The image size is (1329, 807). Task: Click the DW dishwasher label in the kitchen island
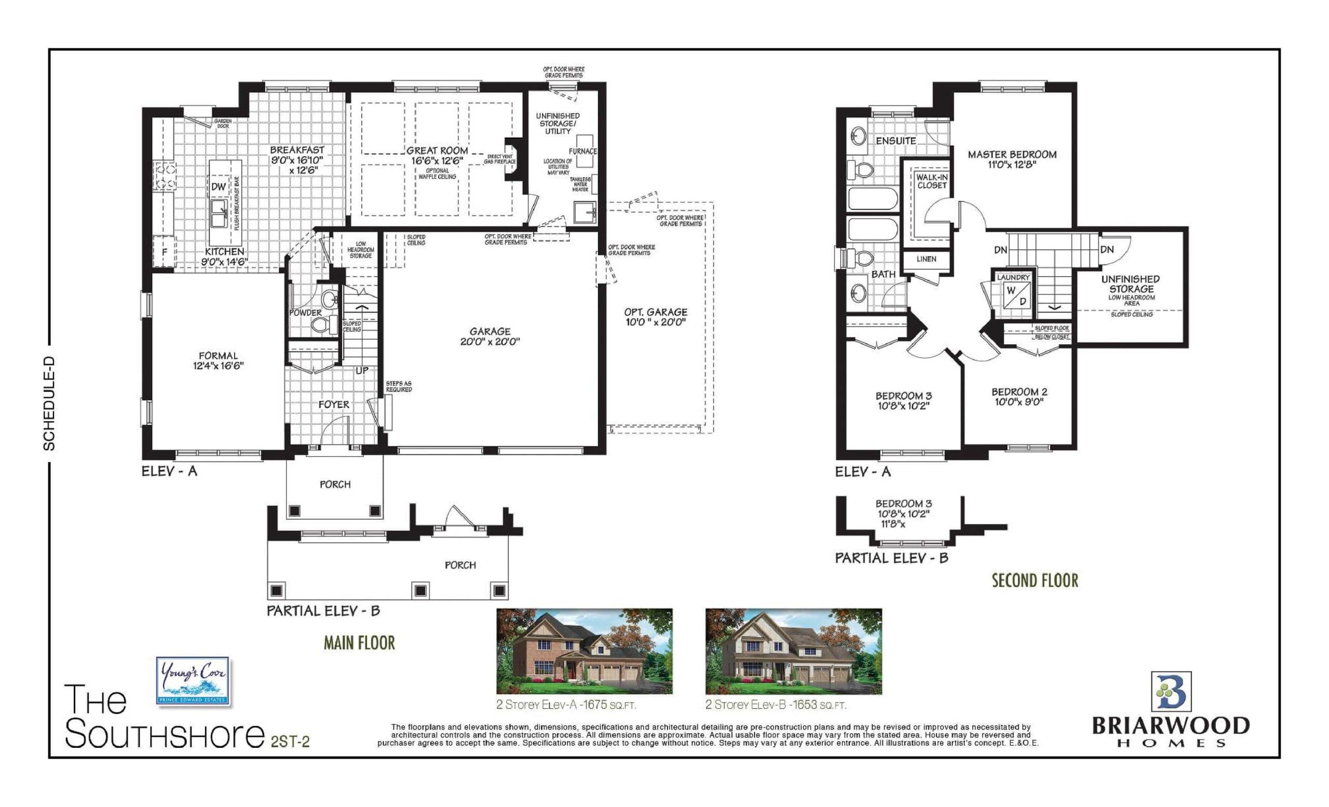click(219, 187)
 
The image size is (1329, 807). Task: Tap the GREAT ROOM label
click(437, 151)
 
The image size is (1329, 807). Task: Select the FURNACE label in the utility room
click(582, 152)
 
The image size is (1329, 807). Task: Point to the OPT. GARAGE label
click(655, 312)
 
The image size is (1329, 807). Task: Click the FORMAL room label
click(218, 356)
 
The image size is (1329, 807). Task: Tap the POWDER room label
click(305, 313)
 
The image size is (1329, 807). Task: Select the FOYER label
click(333, 405)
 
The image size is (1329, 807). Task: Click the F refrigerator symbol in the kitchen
click(165, 252)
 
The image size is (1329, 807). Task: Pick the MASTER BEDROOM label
click(1012, 155)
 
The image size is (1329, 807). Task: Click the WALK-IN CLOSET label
click(931, 181)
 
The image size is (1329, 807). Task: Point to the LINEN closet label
click(926, 259)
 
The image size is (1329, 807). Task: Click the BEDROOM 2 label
click(1019, 392)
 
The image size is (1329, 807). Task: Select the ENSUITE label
click(896, 141)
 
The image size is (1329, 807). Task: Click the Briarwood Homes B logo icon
click(1171, 692)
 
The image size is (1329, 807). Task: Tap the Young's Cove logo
click(193, 680)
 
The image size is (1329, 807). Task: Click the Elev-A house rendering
click(584, 651)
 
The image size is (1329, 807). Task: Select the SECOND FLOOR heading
click(1035, 581)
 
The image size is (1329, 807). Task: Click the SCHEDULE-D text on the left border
click(50, 403)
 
